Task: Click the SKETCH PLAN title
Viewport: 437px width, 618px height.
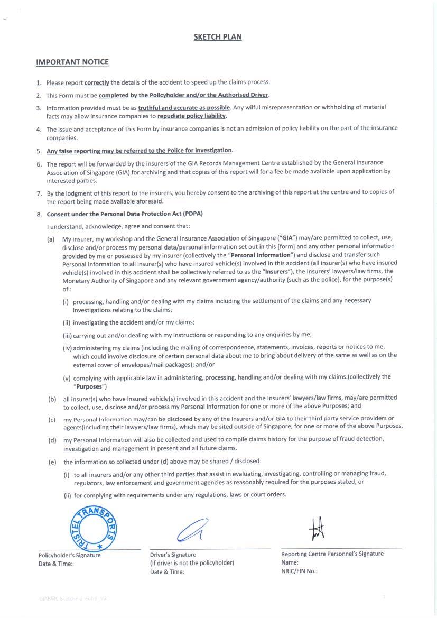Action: point(218,37)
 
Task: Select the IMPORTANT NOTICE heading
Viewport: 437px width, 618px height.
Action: point(72,62)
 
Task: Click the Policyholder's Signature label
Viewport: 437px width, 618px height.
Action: point(69,555)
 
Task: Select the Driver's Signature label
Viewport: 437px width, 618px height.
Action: point(173,555)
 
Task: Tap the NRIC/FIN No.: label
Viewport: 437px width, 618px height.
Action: point(299,571)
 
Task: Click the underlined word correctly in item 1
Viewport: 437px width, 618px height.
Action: point(97,82)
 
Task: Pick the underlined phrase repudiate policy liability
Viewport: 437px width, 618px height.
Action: point(192,116)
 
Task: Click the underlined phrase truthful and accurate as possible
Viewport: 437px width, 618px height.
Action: point(184,107)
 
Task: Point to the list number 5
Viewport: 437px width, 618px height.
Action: point(39,151)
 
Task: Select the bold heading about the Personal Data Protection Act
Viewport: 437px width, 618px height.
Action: point(125,214)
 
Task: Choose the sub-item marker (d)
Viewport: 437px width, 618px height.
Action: point(52,440)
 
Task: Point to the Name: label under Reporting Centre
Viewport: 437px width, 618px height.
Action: point(290,562)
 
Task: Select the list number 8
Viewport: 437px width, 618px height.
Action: point(39,214)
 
